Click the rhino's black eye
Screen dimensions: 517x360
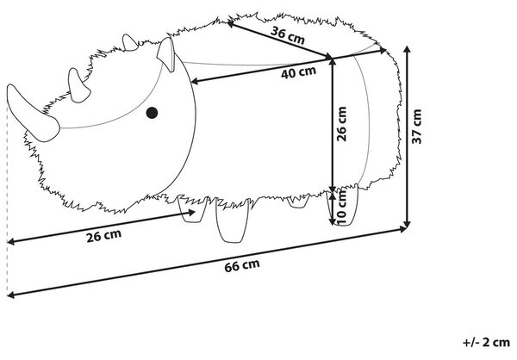tap(152, 113)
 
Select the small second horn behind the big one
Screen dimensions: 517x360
tap(78, 86)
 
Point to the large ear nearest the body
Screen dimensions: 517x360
tap(165, 54)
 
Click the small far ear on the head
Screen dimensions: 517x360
tap(129, 43)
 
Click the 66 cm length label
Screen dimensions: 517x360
tap(242, 265)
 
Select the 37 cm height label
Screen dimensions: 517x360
tap(417, 127)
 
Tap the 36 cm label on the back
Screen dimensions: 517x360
tap(288, 35)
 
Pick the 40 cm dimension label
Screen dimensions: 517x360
tap(298, 72)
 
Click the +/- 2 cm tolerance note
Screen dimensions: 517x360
tap(486, 342)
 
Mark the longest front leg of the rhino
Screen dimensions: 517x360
tap(232, 220)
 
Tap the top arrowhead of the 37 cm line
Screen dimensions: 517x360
tap(408, 49)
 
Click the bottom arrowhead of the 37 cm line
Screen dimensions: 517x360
tap(408, 225)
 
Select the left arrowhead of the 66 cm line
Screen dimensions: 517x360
tap(10, 295)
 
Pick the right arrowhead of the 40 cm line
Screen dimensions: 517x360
tap(383, 51)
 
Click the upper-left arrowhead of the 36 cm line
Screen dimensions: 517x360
tap(231, 24)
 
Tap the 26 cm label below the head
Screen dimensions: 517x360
tap(103, 236)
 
